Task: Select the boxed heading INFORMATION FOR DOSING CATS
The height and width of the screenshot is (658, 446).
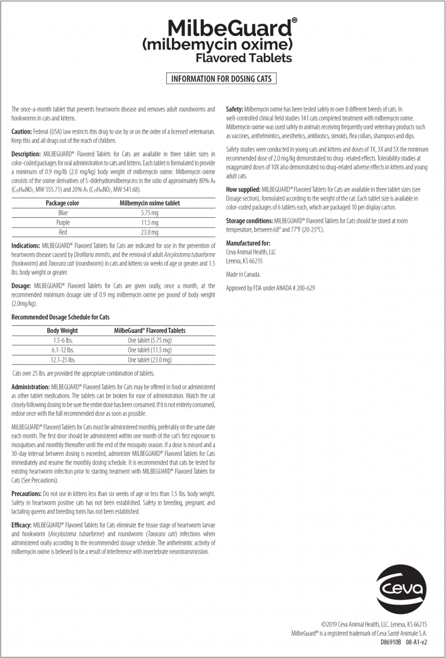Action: (221, 78)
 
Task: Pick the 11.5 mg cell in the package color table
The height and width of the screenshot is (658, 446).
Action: (149, 222)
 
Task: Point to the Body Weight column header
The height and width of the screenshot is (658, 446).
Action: (62, 330)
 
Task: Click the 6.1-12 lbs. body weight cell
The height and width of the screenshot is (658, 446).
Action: (63, 350)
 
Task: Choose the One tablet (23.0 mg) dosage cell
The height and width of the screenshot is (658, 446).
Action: (149, 360)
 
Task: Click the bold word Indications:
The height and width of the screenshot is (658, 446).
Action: (26, 246)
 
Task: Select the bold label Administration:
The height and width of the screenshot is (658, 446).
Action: (30, 386)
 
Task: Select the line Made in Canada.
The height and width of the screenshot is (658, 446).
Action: (243, 274)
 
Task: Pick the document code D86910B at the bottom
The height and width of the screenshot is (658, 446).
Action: (391, 643)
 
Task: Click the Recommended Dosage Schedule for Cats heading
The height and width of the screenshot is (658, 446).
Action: (60, 317)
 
